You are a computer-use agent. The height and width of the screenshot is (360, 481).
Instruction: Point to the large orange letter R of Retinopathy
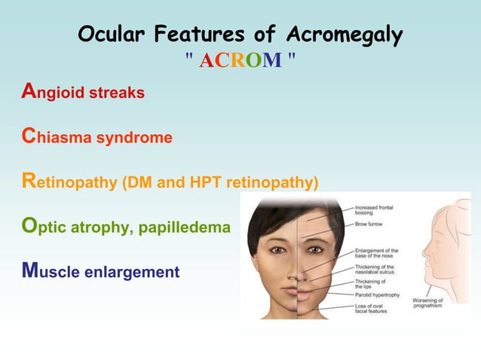[x=27, y=181]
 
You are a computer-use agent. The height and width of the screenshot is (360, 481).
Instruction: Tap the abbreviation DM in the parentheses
[x=138, y=183]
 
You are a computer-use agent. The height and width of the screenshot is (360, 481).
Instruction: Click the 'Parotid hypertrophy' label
[x=377, y=294]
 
